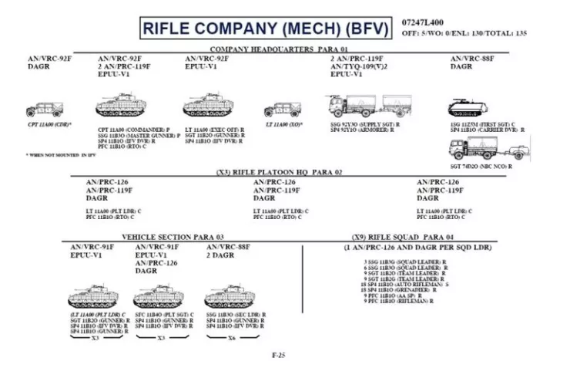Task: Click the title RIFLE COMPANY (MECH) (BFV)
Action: [x=265, y=29]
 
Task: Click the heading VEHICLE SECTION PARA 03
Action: [x=173, y=236]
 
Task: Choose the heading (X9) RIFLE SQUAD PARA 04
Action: [x=417, y=236]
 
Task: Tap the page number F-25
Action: [x=279, y=356]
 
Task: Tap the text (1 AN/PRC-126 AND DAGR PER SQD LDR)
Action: [x=417, y=246]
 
